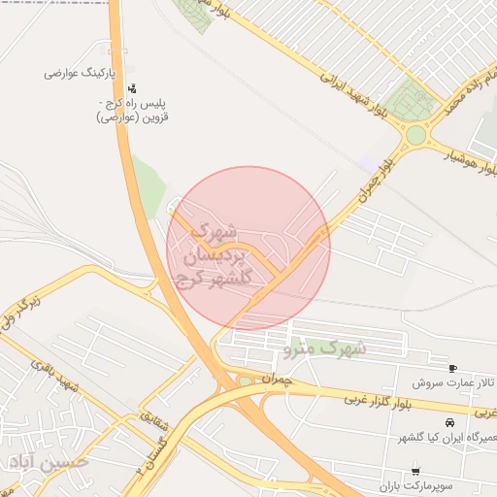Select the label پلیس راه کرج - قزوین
(x=136, y=110)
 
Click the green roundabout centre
(x=416, y=134)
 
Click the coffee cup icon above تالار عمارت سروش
(x=452, y=368)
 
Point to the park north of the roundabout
(x=410, y=101)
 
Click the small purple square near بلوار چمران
(x=366, y=163)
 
